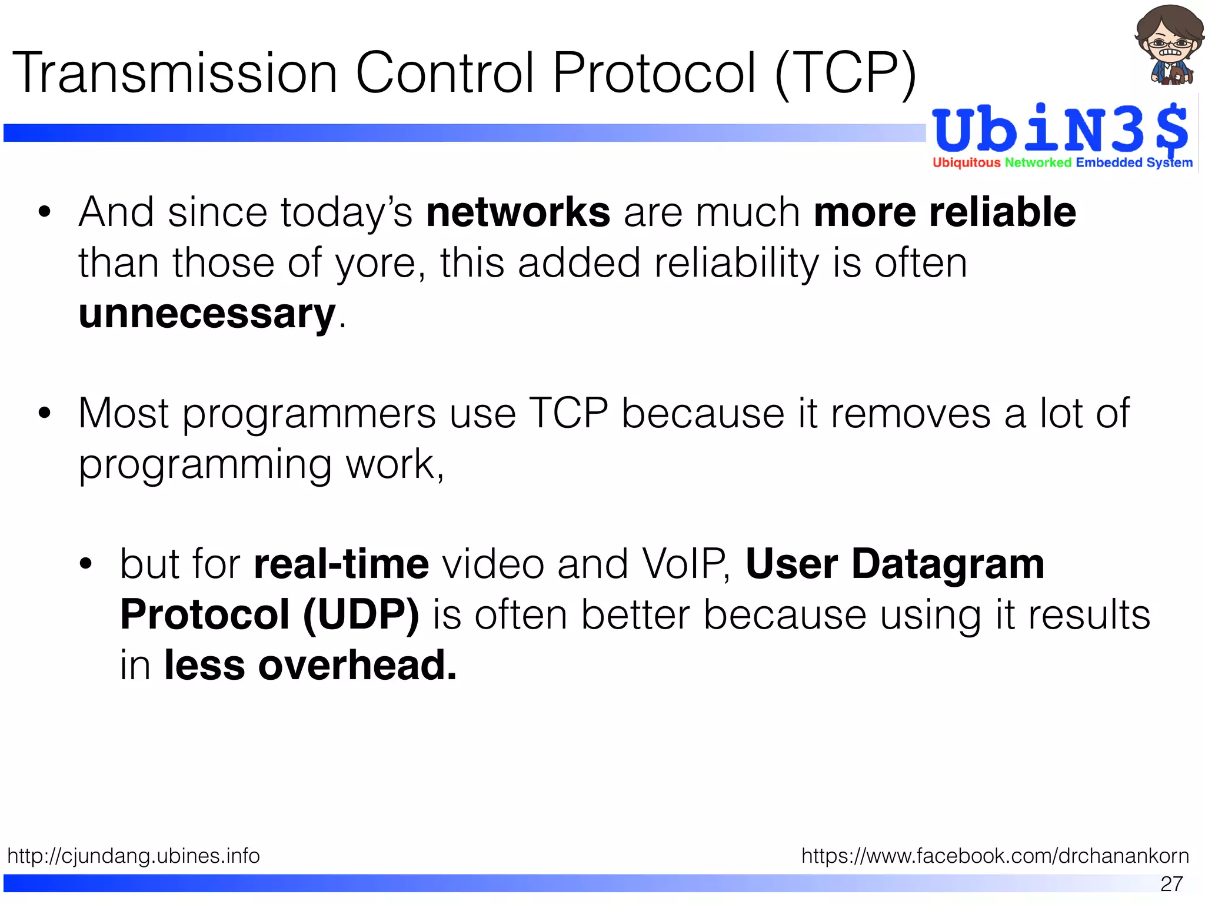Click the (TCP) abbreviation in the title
point(846,73)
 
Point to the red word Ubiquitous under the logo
point(966,162)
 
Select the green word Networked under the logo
point(1038,162)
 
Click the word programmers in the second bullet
point(309,414)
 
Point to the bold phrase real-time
point(341,564)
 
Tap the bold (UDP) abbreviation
point(361,614)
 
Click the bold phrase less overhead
point(310,665)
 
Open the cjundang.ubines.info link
point(134,855)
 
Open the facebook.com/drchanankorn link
point(995,855)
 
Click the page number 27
point(1171,884)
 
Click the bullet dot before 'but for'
point(86,564)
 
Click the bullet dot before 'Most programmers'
point(44,414)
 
